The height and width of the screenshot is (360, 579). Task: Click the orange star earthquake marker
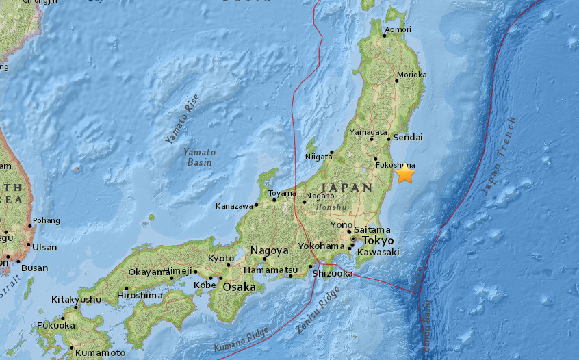coord(405,173)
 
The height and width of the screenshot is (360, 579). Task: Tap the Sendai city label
coord(408,138)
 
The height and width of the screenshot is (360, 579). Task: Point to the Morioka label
coord(411,75)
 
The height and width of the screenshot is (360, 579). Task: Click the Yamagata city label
coord(368,132)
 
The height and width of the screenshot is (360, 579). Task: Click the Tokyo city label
coord(378,241)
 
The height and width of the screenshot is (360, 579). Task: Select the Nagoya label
coord(269,250)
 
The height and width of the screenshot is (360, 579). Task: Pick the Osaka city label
coord(240,287)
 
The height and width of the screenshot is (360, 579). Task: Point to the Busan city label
coord(34,268)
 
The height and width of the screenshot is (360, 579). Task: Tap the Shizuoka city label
coord(332,273)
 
